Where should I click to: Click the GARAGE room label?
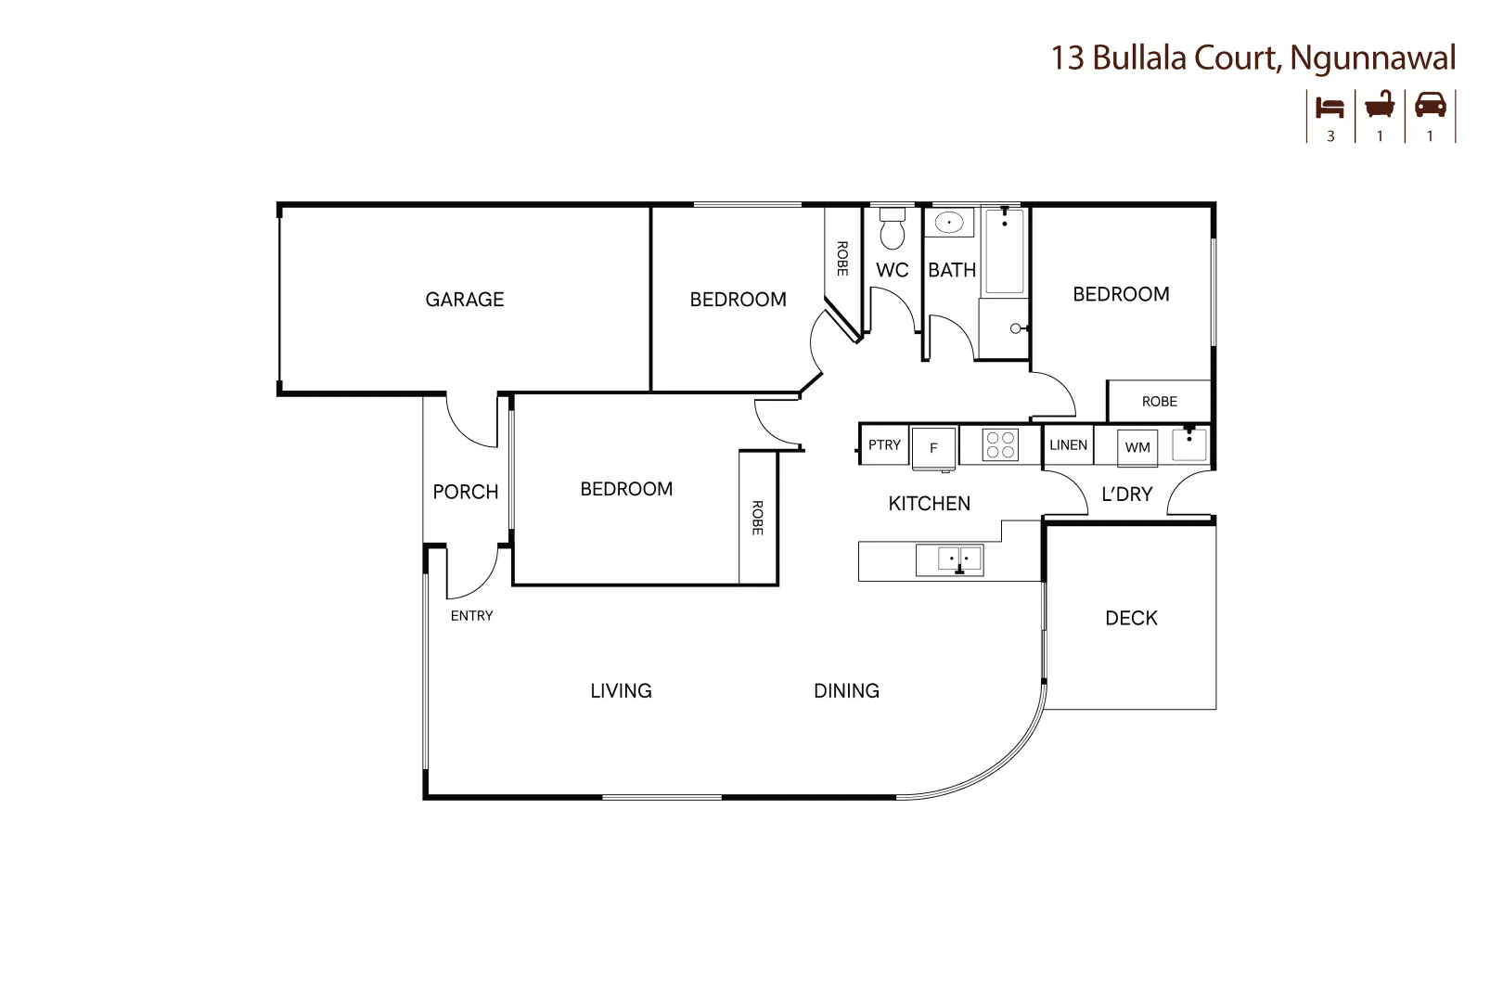coord(464,300)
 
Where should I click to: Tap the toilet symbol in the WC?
coord(892,229)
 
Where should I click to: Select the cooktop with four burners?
coord(1000,444)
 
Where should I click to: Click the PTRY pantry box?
coord(884,445)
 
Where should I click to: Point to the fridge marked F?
coord(933,448)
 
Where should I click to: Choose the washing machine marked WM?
coord(1137,447)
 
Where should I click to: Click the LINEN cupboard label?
coord(1068,445)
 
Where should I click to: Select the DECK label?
coord(1131,618)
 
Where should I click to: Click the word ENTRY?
coord(471,616)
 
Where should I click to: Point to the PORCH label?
coord(466,492)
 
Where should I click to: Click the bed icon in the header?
coord(1330,107)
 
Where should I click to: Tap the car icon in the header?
coord(1430,105)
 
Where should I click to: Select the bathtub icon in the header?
coord(1380,105)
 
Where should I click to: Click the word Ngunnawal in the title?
coord(1372,58)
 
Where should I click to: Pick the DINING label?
coord(846,691)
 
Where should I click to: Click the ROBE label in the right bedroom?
coord(1159,402)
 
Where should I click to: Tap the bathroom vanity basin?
coord(948,223)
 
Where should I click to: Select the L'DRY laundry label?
coord(1126,495)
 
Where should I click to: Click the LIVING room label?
coord(621,691)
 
